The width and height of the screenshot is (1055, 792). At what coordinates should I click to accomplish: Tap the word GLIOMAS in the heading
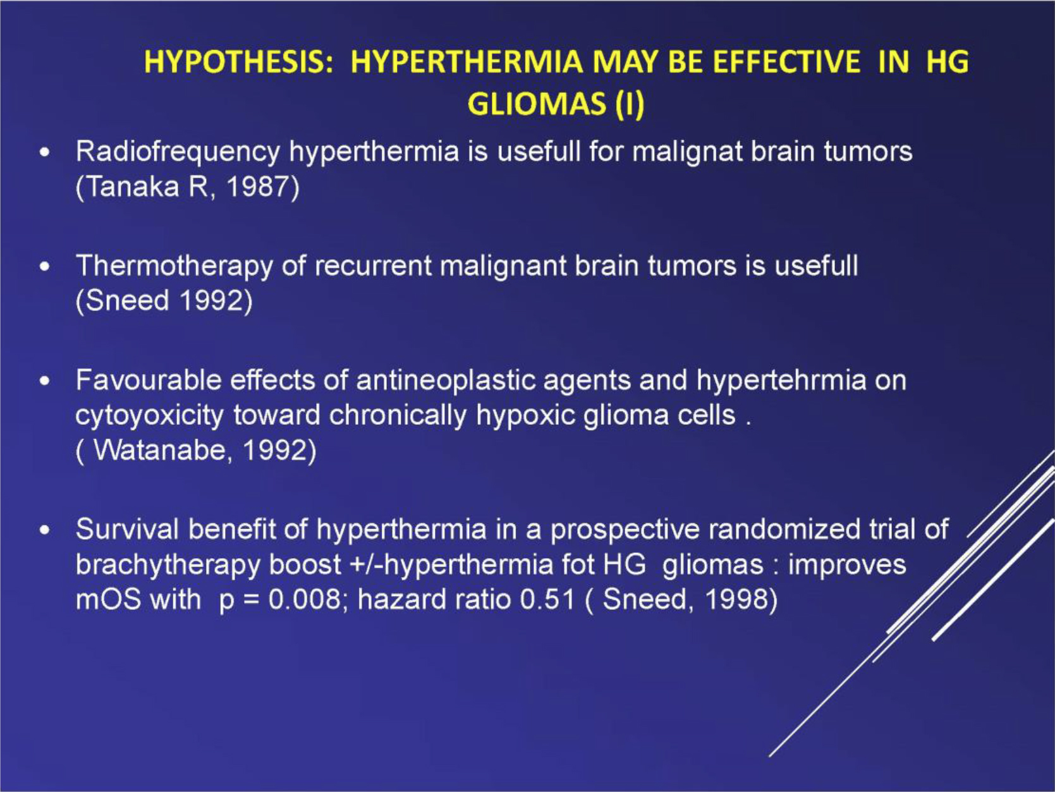click(536, 104)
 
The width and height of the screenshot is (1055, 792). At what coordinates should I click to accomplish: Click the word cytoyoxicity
click(149, 416)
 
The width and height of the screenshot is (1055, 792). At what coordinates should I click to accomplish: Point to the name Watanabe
click(159, 450)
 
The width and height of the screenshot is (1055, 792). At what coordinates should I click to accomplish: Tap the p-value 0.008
click(304, 600)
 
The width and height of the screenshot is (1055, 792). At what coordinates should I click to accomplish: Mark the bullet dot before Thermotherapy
click(45, 267)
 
